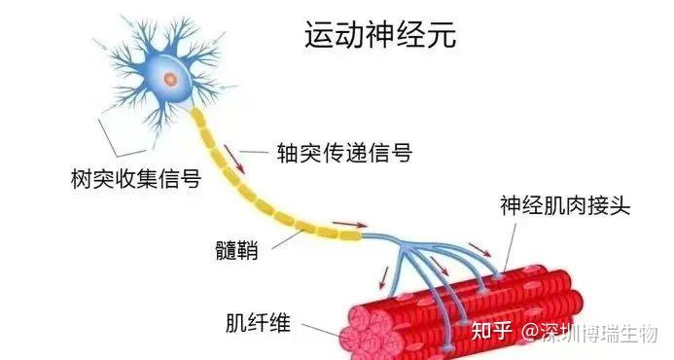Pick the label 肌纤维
[257, 322]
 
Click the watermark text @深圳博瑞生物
[593, 331]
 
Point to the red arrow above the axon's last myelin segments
[341, 222]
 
